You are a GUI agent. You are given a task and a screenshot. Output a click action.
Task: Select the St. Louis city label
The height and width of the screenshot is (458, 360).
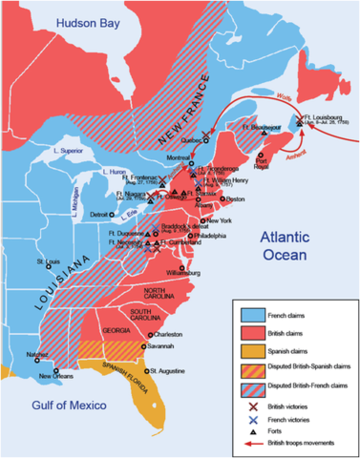(x=50, y=261)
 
